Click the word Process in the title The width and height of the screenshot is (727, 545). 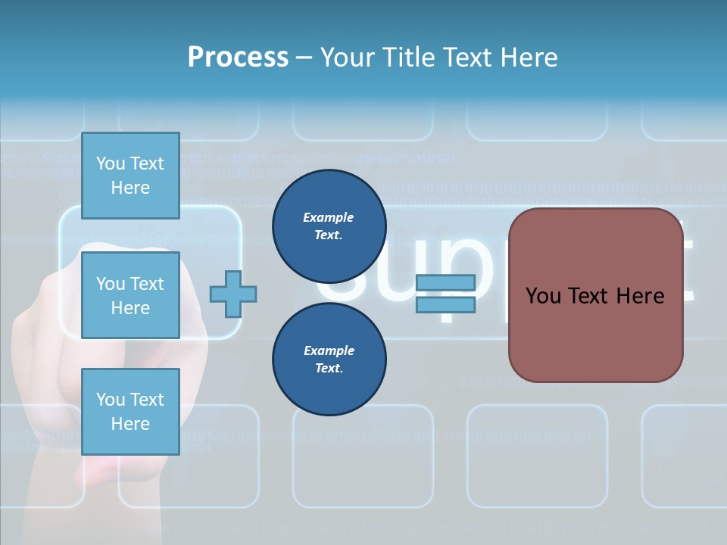click(x=238, y=57)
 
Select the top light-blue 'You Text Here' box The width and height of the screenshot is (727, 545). click(x=130, y=176)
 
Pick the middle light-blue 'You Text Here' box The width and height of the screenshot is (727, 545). click(x=130, y=295)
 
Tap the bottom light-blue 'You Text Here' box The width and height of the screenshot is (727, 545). click(x=130, y=411)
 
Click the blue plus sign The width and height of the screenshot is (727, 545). click(x=233, y=294)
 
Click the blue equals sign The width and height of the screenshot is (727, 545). click(x=445, y=294)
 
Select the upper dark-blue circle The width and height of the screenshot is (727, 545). click(x=329, y=226)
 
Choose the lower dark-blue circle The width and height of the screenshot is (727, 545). click(x=329, y=360)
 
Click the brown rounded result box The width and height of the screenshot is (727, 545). click(x=595, y=295)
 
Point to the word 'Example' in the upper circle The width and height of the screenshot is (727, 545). click(x=328, y=217)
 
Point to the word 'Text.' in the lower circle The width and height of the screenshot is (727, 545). click(x=329, y=369)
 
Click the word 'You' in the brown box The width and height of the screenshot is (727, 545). click(x=543, y=295)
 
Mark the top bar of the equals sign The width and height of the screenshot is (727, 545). click(x=445, y=283)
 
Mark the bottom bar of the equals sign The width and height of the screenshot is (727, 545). click(x=445, y=304)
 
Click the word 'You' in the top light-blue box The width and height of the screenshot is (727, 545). click(x=111, y=163)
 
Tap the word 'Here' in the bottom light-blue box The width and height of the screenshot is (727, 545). click(x=130, y=424)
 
